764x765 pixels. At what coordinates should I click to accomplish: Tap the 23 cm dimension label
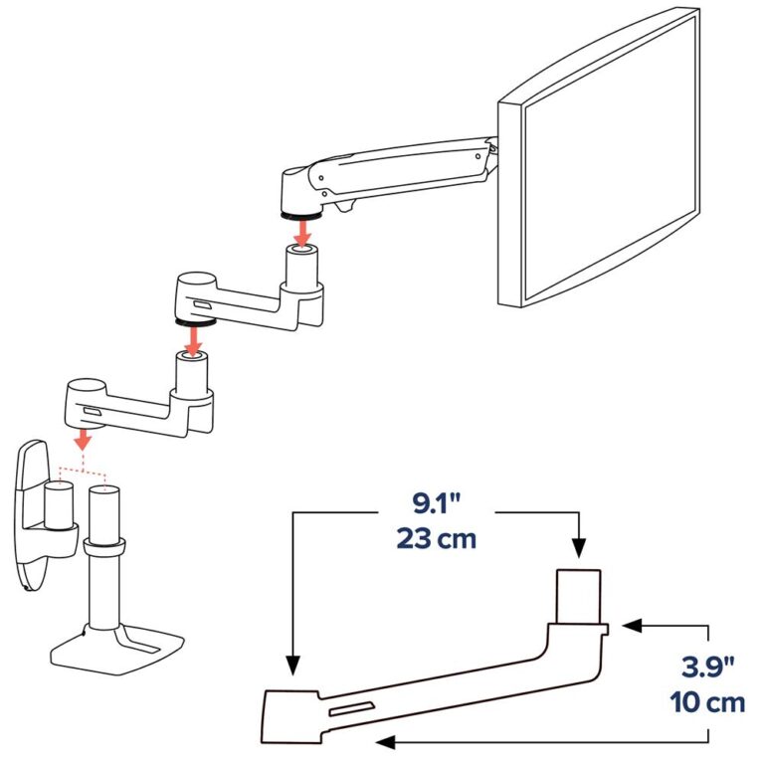click(x=436, y=540)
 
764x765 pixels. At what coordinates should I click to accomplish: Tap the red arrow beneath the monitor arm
click(x=305, y=230)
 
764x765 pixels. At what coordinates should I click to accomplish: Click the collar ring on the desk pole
click(x=103, y=545)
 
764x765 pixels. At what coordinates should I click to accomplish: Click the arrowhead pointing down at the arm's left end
click(x=291, y=666)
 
